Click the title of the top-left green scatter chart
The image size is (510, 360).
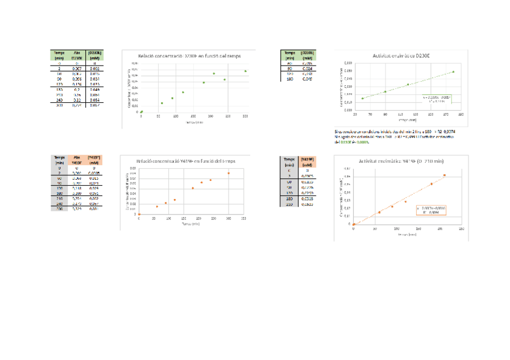tap(189, 55)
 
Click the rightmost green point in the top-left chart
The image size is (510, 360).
tap(245, 71)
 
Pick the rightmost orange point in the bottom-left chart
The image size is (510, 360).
tap(229, 173)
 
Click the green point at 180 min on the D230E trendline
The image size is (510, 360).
tap(453, 72)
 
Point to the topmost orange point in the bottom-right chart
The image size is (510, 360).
tap(444, 175)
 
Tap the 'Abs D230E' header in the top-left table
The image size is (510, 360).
tap(77, 55)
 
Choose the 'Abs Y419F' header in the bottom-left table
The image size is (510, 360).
tap(77, 160)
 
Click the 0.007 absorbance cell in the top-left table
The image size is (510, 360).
tap(77, 69)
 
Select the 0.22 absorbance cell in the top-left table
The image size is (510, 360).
tap(77, 100)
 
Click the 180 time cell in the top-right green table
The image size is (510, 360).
tap(289, 79)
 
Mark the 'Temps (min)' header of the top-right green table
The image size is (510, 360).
tap(289, 55)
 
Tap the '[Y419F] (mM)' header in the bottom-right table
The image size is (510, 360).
tap(307, 162)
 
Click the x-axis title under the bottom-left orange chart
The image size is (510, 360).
tap(190, 223)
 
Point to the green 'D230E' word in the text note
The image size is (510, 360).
tap(345, 142)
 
